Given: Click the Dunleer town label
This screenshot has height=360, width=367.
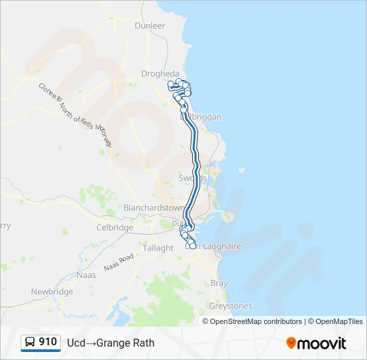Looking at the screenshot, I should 149,25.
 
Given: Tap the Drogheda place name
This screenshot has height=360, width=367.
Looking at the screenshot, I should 160,73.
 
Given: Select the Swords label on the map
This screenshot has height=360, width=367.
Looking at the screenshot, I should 193,178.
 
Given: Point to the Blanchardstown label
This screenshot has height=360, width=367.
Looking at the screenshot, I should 153,207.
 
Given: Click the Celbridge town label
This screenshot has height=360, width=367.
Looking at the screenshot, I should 115,227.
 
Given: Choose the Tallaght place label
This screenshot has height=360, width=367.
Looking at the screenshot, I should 157,248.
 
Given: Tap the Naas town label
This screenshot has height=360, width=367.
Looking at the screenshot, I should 86,274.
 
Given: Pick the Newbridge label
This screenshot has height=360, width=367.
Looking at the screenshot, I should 52,292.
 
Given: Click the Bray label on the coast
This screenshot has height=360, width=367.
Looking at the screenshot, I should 219,283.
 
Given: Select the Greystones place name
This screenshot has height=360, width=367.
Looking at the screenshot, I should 231,306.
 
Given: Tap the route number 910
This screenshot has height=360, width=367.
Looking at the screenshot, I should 48,342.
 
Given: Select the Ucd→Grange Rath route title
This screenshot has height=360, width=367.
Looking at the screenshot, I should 111,343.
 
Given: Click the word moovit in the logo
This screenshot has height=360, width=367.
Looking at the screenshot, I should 322,343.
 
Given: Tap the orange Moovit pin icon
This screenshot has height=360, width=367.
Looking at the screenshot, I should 291,343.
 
